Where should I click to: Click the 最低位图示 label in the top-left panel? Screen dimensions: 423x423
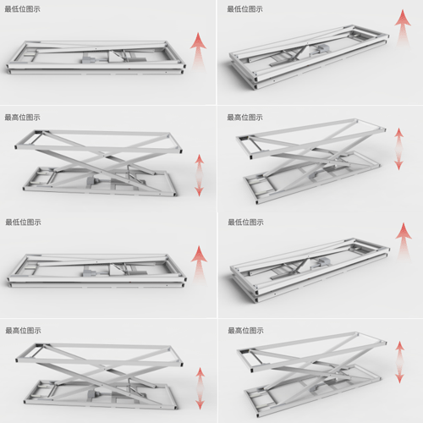click(x=22, y=9)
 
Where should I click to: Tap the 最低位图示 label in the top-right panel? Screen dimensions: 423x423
click(x=244, y=9)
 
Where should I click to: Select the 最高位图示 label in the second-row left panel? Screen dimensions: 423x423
click(x=22, y=118)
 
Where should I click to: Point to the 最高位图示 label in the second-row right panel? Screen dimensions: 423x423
click(x=244, y=118)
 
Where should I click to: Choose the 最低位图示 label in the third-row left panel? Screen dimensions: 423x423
click(x=23, y=222)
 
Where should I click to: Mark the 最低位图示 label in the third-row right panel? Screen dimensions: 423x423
click(x=245, y=222)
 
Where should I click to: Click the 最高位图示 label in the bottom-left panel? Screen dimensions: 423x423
click(x=23, y=331)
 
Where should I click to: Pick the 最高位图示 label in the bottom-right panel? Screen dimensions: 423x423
click(x=245, y=331)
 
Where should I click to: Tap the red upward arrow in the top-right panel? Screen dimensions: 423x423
click(x=403, y=28)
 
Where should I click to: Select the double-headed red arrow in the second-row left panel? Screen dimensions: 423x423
click(x=200, y=175)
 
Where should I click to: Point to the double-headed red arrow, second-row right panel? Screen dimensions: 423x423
click(x=398, y=149)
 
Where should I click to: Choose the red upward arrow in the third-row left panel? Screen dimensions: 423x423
click(x=200, y=264)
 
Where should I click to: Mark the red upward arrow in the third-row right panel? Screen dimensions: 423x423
click(x=404, y=241)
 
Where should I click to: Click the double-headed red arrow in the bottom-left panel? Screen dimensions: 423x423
click(x=201, y=388)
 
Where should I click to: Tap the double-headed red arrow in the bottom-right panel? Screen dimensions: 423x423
click(x=399, y=362)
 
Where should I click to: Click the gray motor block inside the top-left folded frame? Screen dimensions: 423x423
click(x=88, y=59)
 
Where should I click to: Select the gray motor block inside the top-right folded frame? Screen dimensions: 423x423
click(x=322, y=48)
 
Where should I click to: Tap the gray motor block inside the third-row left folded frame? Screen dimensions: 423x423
click(x=89, y=272)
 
